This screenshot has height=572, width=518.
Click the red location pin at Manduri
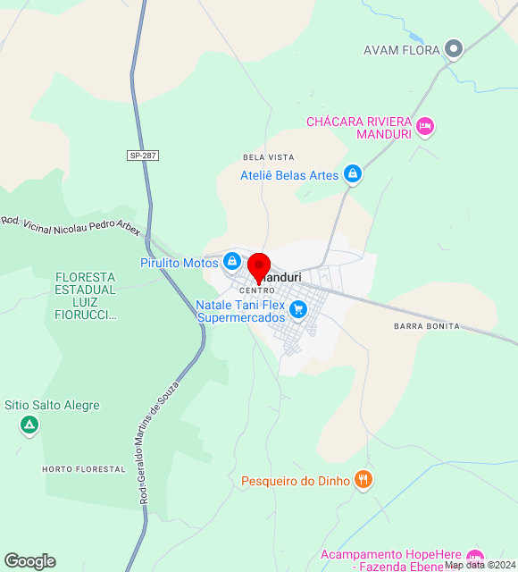[x=259, y=267]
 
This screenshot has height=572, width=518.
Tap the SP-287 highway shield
[x=143, y=156]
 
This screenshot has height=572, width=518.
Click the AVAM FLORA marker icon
[x=454, y=49]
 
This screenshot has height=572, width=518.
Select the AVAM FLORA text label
[x=402, y=50]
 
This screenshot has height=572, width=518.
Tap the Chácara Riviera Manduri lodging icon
[x=425, y=127]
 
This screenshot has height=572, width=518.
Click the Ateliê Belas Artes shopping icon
[x=353, y=174]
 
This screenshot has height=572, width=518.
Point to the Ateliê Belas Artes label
[x=289, y=175]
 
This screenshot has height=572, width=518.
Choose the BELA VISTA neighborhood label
[x=268, y=157]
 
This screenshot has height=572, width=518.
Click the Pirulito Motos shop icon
[x=232, y=262]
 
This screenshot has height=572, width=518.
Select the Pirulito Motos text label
[x=179, y=263]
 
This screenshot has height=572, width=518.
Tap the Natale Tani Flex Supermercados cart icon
[x=298, y=310]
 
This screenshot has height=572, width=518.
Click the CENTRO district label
[x=257, y=290]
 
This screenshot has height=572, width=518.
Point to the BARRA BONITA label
[x=427, y=326]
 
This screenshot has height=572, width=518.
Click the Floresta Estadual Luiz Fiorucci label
[x=85, y=296]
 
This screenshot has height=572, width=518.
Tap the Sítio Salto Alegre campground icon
[x=29, y=425]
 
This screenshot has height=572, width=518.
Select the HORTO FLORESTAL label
[x=84, y=468]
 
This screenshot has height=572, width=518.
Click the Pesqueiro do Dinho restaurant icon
[x=363, y=480]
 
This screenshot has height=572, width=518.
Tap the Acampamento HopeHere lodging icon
[x=475, y=557]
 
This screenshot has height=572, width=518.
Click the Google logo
[x=29, y=561]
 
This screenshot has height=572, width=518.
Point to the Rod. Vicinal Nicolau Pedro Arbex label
[x=71, y=224]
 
